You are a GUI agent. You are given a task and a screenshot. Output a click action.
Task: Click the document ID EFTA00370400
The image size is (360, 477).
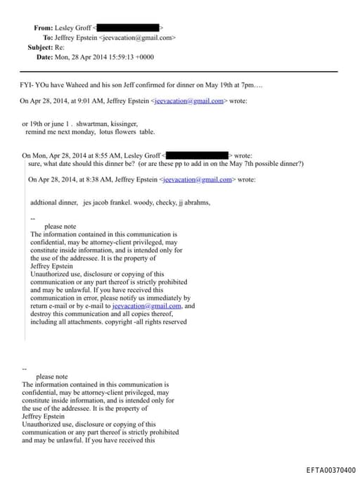(x=330, y=470)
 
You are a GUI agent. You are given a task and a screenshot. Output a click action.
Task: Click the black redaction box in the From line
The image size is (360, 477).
(x=133, y=27)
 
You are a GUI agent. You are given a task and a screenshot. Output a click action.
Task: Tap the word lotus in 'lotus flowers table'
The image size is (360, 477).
(x=108, y=132)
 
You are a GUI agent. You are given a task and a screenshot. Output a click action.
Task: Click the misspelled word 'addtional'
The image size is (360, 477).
(x=44, y=203)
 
